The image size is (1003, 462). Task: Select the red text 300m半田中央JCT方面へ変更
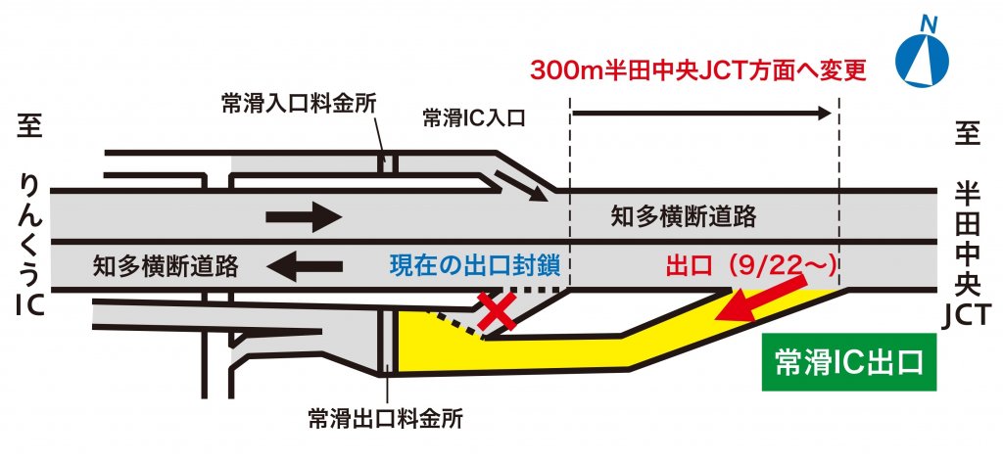pyautogui.click(x=698, y=71)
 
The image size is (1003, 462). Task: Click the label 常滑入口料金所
pyautogui.click(x=299, y=104)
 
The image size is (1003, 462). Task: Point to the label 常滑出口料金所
pyautogui.click(x=384, y=419)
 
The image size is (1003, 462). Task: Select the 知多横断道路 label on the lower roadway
pyautogui.click(x=167, y=265)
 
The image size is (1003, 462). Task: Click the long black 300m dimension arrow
pyautogui.click(x=700, y=114)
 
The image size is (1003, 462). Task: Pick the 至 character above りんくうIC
pyautogui.click(x=29, y=127)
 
